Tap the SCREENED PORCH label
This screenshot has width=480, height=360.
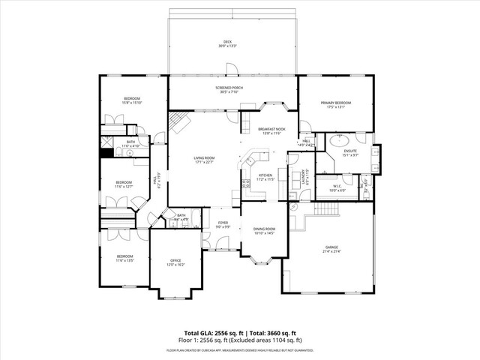(x=232, y=90)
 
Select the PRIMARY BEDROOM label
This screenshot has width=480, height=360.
(x=336, y=104)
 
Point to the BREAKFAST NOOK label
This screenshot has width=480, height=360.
(x=270, y=130)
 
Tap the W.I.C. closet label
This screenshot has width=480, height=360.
(x=334, y=188)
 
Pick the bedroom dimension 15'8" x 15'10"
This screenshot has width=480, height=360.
(x=132, y=103)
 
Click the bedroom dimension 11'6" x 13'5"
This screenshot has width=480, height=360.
(x=124, y=260)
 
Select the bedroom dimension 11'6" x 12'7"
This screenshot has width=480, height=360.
(x=124, y=186)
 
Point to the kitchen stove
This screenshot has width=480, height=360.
(x=245, y=184)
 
